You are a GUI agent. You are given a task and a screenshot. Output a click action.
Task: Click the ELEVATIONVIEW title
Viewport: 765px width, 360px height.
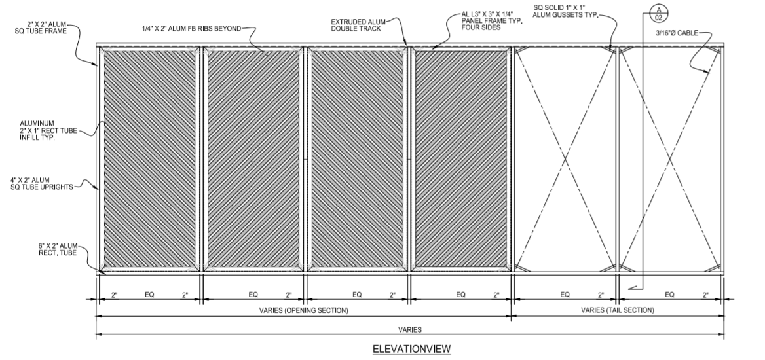pos(411,349)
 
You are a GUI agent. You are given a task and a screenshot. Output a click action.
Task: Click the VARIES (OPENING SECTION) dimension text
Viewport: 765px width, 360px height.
pos(304,310)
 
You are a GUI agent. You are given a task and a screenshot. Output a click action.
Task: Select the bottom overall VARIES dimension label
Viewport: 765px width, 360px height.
pos(410,329)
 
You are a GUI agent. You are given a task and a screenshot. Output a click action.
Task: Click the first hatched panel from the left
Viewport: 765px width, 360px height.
pos(150,159)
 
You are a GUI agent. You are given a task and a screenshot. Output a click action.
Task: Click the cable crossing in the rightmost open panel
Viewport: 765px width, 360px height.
pos(670,159)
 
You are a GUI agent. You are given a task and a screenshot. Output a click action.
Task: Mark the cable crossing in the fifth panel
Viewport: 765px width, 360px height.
pos(565,159)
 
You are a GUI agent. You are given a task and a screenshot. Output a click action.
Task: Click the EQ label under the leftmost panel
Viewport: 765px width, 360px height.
pos(149,295)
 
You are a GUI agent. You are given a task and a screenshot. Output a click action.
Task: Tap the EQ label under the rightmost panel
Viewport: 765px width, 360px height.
pos(669,295)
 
